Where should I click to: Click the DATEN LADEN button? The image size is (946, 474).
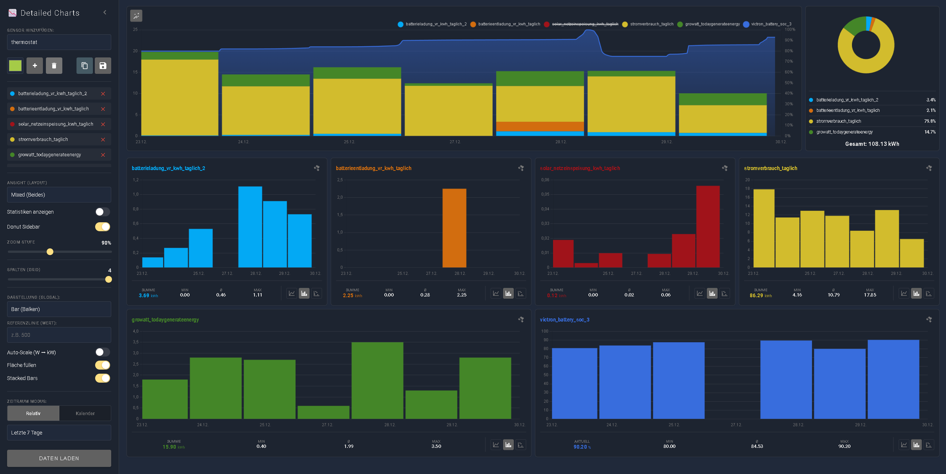pos(59,458)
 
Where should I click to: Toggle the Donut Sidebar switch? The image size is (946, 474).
pos(103,227)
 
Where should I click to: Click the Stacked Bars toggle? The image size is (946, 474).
pos(103,378)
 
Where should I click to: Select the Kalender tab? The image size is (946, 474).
pos(85,413)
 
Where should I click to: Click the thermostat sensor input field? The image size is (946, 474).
pos(59,42)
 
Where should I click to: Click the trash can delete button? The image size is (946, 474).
pos(54,66)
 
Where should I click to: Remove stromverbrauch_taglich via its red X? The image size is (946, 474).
pos(103,139)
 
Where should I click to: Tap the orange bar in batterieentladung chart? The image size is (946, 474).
pos(454,227)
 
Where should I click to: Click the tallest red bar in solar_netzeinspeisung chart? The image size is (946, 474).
pos(708,226)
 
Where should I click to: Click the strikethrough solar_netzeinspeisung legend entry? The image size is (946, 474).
pos(585,24)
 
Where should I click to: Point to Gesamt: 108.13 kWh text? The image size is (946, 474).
pos(872,144)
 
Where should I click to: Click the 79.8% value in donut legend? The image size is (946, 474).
pos(930,121)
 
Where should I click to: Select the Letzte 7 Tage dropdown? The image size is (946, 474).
pos(59,433)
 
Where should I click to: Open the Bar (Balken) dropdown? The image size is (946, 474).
pos(59,309)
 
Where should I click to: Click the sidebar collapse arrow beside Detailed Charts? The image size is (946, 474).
pos(105,12)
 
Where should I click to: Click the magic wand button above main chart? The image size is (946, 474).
pos(136,16)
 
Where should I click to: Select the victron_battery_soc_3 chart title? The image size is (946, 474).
pos(564,320)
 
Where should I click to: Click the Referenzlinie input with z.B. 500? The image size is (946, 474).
pos(59,335)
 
